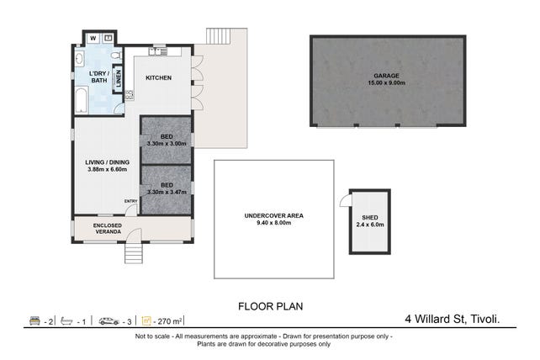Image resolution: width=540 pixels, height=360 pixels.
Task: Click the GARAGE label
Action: [386, 76]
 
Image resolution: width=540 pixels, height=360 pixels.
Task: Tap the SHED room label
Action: [370, 218]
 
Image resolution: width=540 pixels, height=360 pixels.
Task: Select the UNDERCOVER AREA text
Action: [274, 216]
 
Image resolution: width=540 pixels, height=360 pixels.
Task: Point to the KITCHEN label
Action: [158, 78]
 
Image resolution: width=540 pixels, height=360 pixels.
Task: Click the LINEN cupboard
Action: [118, 78]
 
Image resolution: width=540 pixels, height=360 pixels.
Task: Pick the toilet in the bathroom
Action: [116, 56]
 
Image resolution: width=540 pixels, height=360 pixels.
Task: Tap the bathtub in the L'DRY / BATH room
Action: [82, 100]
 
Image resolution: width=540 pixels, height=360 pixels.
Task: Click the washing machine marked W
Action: [93, 38]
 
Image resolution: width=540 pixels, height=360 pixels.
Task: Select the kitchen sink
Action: [158, 51]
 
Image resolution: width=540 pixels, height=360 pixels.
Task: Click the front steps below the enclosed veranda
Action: [134, 253]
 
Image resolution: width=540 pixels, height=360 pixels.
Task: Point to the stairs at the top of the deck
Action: [218, 36]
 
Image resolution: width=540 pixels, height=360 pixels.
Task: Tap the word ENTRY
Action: [131, 201]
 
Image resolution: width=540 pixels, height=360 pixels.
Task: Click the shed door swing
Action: [345, 200]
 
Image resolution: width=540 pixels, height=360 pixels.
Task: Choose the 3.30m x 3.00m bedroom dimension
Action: [167, 144]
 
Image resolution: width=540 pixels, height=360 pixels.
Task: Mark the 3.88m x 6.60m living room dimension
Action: [108, 169]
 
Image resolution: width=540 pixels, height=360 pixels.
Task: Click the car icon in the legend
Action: [109, 321]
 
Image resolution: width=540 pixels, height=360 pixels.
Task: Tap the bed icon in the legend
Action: [34, 320]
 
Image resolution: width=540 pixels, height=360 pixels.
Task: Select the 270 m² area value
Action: [169, 322]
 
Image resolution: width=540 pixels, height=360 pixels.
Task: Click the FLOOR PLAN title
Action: [271, 306]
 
